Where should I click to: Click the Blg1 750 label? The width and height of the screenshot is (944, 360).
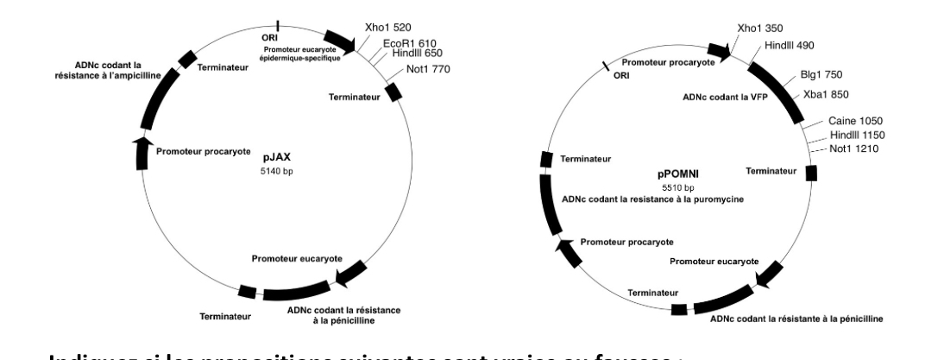click(814, 74)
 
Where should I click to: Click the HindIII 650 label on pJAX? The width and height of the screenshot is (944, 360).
click(418, 54)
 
